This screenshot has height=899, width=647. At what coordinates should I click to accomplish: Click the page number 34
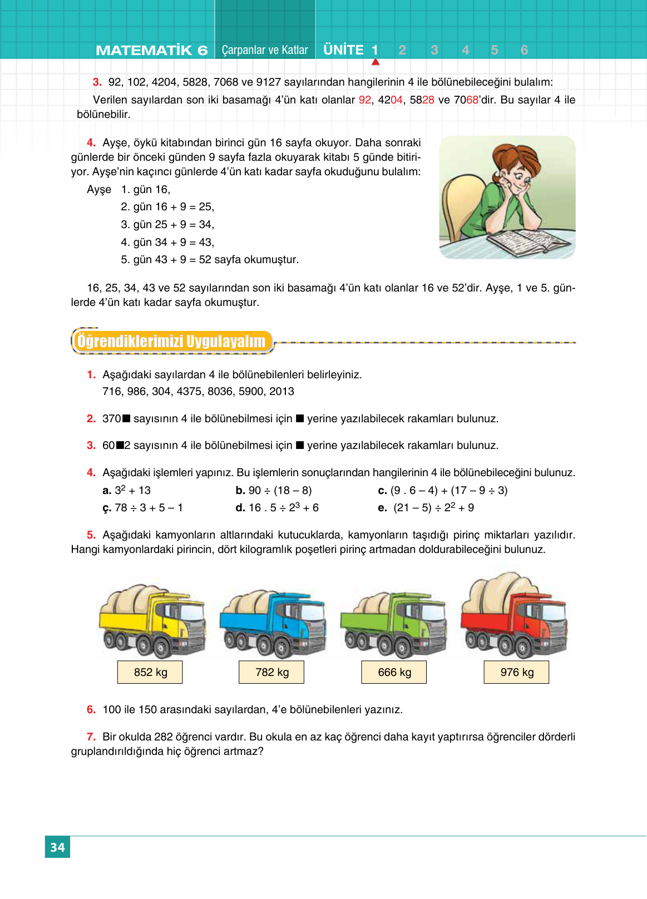click(x=57, y=847)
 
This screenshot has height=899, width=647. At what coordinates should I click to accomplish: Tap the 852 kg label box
click(x=150, y=672)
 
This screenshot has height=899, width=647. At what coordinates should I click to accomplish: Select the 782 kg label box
click(x=272, y=672)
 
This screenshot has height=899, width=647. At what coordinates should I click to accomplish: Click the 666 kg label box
click(x=394, y=672)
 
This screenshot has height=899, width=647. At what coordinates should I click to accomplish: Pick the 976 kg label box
click(x=517, y=672)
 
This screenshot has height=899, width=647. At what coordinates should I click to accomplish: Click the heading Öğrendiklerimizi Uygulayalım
click(x=171, y=341)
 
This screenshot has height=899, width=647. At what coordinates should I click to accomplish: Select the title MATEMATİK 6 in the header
click(x=151, y=50)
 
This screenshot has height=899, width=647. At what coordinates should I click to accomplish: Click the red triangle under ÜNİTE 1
click(x=376, y=62)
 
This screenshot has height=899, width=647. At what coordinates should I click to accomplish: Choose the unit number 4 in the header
click(x=466, y=50)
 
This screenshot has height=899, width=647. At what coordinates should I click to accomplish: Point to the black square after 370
click(x=126, y=418)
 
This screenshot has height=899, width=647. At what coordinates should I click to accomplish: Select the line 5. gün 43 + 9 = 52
click(x=210, y=259)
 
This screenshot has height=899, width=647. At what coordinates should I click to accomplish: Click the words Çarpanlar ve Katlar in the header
click(x=265, y=50)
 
